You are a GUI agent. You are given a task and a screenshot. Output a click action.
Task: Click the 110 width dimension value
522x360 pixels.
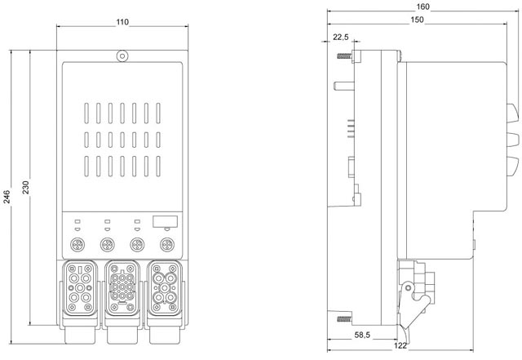122,20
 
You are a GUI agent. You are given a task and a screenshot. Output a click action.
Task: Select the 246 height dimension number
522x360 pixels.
8,197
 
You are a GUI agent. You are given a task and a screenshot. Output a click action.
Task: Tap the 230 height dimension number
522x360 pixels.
26,188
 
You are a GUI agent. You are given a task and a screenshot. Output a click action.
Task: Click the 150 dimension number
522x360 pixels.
417,20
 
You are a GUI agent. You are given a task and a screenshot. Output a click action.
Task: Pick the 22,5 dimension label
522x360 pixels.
341,37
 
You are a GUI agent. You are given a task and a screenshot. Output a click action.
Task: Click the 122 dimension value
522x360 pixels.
401,347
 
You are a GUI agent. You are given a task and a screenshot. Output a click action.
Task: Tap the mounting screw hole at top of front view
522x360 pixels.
122,56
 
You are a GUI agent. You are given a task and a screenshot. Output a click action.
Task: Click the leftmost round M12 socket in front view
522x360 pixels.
79,244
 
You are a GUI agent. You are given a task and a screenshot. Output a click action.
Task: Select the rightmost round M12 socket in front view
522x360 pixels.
166,244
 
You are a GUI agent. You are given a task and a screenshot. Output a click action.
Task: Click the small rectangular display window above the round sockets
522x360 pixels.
166,221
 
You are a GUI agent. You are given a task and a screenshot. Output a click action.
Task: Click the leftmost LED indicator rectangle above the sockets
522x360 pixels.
77,220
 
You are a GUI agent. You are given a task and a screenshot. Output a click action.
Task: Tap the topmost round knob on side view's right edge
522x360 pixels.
515,111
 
